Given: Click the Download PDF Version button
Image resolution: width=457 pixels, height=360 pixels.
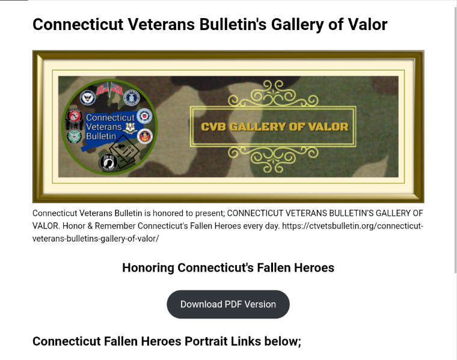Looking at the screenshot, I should (x=228, y=304).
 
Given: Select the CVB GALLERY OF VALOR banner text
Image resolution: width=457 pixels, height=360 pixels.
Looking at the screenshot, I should (x=274, y=127).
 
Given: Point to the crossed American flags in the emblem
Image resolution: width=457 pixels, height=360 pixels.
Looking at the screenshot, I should (x=110, y=89).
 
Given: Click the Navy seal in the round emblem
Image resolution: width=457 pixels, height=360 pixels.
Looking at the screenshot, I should (x=88, y=97).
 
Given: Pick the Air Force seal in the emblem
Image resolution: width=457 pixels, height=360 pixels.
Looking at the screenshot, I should (x=132, y=97).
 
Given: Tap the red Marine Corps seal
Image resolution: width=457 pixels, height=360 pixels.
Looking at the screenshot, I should (x=75, y=116).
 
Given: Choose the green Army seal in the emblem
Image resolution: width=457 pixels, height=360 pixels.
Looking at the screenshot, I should (x=75, y=136).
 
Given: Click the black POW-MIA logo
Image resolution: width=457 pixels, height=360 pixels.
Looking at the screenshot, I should (x=108, y=162).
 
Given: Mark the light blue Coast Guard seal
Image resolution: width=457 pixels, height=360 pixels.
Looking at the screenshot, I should (x=144, y=116).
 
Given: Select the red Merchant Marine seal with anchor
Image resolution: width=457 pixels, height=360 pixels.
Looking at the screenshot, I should (x=145, y=136).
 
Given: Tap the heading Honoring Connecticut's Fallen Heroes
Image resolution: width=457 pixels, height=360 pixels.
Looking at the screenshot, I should (x=228, y=267).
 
